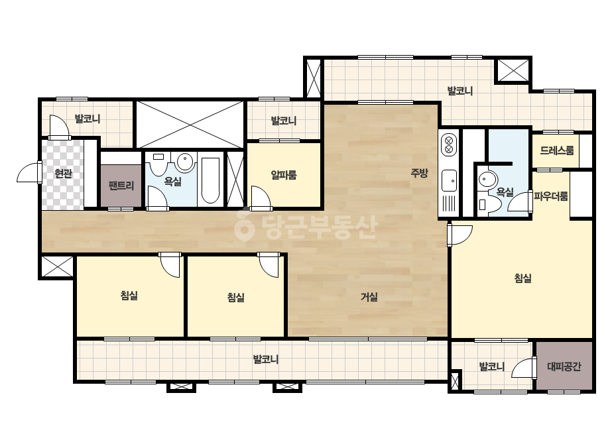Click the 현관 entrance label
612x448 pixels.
pos(63,173)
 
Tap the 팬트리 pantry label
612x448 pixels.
pos(121,186)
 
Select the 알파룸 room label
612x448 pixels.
pos(284,175)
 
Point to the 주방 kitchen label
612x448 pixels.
pos(419,172)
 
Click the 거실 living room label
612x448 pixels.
pos(369,297)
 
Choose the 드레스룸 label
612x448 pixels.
pos(557,150)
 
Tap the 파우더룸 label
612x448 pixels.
pos(551,196)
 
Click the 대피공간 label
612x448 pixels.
pos(564,366)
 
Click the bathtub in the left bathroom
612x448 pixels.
pos(210,181)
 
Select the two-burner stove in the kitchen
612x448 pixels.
pos(448,144)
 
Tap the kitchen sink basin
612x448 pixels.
pos(449,181)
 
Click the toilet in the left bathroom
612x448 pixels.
pos(158,164)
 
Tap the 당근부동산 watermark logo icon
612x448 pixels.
pos(244,225)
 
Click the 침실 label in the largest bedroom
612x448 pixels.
pos(522,278)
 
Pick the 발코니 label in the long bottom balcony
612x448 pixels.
pos(265,359)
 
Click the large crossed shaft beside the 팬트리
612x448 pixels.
pos(190,125)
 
